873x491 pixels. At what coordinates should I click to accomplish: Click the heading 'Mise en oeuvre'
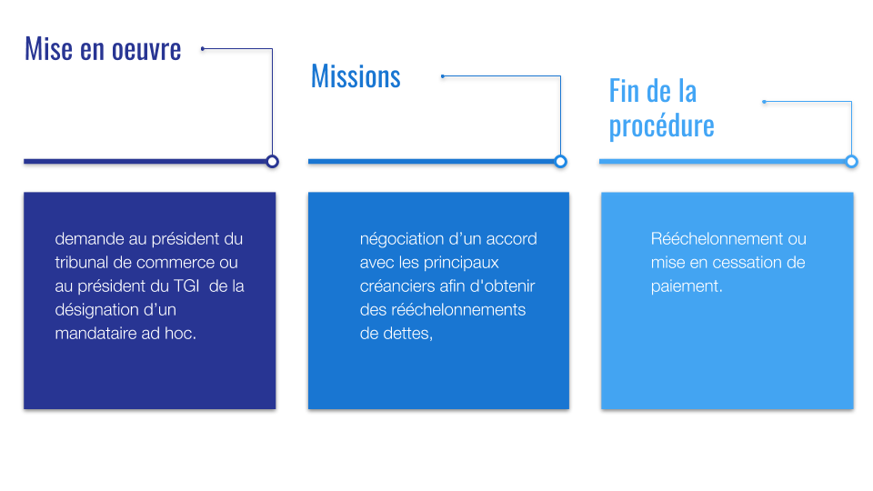coord(103,49)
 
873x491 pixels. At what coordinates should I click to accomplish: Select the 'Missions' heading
coord(356,76)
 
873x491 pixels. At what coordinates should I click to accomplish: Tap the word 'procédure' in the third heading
coord(661,126)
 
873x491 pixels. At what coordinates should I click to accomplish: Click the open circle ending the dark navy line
coord(272,162)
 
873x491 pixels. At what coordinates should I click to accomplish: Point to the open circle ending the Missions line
coord(561,162)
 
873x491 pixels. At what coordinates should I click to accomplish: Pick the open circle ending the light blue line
coord(851,162)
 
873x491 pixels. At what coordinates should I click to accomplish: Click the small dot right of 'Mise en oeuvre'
coord(203,49)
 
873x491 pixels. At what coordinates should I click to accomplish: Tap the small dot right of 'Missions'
coord(443,76)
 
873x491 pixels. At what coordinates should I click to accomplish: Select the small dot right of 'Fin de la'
coord(765,102)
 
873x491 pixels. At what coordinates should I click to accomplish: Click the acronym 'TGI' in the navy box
coord(186,286)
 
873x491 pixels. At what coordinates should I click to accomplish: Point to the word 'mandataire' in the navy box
coord(95,334)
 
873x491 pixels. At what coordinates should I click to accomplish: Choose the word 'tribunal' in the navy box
coord(82,262)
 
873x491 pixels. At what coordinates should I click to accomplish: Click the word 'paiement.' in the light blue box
coord(687,286)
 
